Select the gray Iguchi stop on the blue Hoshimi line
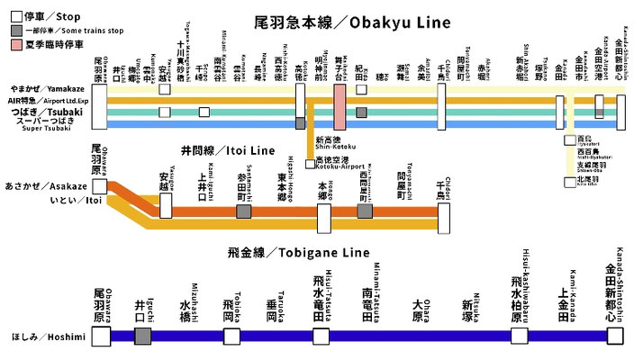tap(142, 336)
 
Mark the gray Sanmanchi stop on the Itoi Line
tap(243, 211)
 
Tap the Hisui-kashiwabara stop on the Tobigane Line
tap(519, 336)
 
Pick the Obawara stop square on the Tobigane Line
tap(101, 336)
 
